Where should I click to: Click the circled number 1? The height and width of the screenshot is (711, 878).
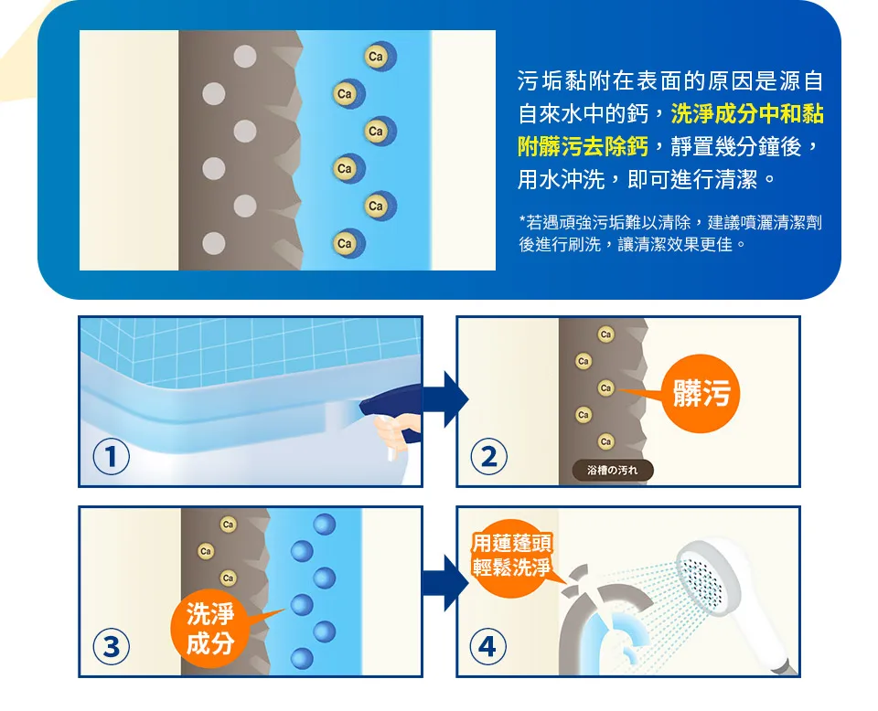click(111, 456)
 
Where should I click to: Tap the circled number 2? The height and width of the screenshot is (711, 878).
click(488, 456)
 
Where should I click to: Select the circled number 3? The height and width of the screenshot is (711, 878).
click(111, 646)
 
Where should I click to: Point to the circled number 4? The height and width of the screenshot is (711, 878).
click(487, 646)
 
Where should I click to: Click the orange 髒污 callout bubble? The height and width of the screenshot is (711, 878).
click(700, 393)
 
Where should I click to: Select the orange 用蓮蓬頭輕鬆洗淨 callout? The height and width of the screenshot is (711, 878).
click(512, 557)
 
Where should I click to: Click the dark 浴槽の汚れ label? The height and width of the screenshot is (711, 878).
click(613, 471)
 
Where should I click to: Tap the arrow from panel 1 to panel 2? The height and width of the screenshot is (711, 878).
click(445, 398)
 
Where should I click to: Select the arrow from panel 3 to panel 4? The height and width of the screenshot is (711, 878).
click(445, 583)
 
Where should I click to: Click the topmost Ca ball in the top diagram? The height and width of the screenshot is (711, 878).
click(380, 57)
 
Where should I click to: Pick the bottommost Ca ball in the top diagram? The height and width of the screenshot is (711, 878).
click(348, 243)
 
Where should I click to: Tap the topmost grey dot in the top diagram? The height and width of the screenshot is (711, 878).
click(245, 57)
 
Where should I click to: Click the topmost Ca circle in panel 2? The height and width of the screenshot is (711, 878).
click(605, 334)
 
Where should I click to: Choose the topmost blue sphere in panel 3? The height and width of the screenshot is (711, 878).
click(324, 525)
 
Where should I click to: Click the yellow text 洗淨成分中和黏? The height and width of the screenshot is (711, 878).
click(747, 113)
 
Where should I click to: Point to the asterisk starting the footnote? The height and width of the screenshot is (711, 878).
click(522, 219)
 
